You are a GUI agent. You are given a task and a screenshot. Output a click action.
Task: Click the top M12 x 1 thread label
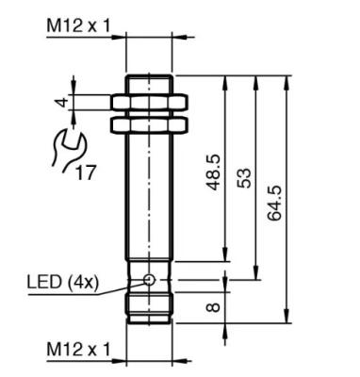pyautogui.click(x=78, y=25)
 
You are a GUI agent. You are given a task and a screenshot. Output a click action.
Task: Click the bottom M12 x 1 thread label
pyautogui.click(x=78, y=349)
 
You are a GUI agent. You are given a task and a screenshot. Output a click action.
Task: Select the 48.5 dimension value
pyautogui.click(x=215, y=172)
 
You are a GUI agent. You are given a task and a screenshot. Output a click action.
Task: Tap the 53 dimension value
pyautogui.click(x=244, y=178)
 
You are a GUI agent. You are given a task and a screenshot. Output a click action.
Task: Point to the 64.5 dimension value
pyautogui.click(x=274, y=204)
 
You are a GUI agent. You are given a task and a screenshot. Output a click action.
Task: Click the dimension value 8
pyautogui.click(x=214, y=307)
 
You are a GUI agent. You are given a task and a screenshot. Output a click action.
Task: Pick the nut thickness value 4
pyautogui.click(x=63, y=103)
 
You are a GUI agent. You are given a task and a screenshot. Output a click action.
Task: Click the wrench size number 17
pyautogui.click(x=86, y=172)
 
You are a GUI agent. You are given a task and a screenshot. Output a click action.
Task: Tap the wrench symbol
pyautogui.click(x=68, y=148)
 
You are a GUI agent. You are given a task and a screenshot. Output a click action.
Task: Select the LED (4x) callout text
pyautogui.click(x=63, y=282)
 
